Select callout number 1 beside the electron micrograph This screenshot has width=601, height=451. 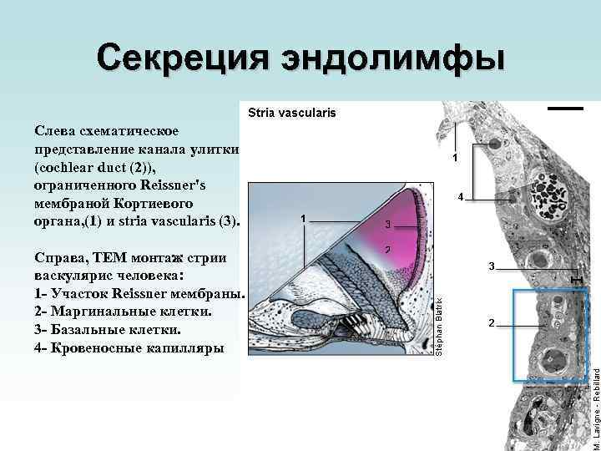pyautogui.click(x=455, y=157)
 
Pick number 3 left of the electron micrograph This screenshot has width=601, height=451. pyautogui.click(x=492, y=266)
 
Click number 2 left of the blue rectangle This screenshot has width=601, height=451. pyautogui.click(x=492, y=322)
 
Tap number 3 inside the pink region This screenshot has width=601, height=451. pyautogui.click(x=388, y=224)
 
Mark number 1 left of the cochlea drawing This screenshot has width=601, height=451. pyautogui.click(x=303, y=219)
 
